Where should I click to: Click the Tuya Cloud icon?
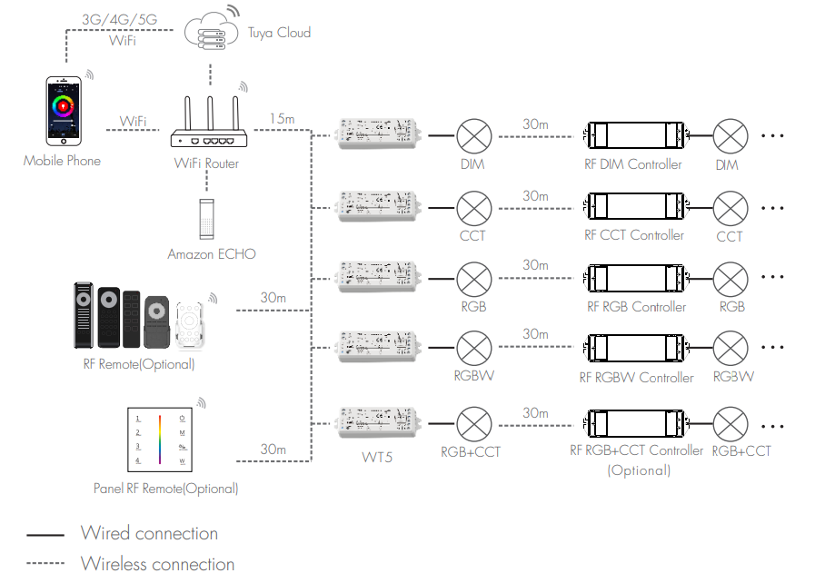pos(210,32)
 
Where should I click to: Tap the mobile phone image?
pos(64,111)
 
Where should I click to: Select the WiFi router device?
pos(208,127)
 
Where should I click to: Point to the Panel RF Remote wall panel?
pos(161,440)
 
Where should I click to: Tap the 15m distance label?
pos(282,119)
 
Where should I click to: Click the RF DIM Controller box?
pos(633,136)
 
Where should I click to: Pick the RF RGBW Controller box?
pos(633,349)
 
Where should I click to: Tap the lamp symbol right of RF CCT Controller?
pos(730,208)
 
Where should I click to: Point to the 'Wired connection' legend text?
pos(149,533)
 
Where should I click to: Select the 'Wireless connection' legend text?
pos(157,564)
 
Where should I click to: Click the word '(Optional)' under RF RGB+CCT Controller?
pos(639,470)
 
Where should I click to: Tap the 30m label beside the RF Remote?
pos(273,298)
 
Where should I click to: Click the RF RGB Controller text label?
pos(636,307)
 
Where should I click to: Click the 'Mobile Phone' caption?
pos(62,161)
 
